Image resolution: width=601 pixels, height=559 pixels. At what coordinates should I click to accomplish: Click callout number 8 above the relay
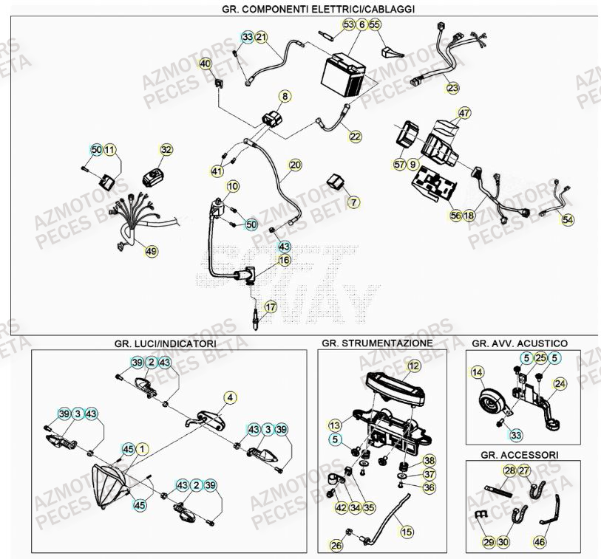coord(284,96)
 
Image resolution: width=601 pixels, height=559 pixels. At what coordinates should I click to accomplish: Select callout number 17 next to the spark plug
coord(271,306)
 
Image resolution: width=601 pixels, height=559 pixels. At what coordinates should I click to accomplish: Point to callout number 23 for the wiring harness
coord(452,87)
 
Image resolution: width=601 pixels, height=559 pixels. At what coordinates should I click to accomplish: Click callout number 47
coord(464,114)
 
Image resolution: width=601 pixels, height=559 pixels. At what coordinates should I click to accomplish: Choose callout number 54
coord(567,219)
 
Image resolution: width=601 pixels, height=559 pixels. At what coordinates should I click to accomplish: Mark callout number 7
coord(353,202)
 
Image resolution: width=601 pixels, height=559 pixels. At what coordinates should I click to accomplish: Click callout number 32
coord(166,150)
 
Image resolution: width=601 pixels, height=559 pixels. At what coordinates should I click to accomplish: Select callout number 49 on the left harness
coord(151,252)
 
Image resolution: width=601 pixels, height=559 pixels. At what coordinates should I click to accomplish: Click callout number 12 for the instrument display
coord(413,366)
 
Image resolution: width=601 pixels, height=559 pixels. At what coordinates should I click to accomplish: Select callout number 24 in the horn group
coord(560,383)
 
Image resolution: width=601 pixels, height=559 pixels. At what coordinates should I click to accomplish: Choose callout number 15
coord(404,530)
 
